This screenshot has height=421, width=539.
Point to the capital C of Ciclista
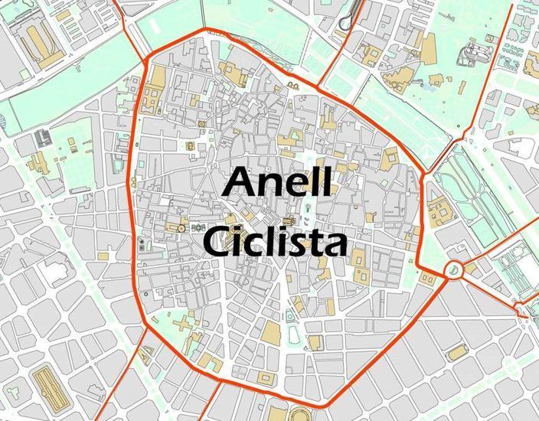(x=216, y=243)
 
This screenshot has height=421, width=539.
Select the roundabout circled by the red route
(x=453, y=269)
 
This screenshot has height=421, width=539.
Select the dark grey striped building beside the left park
(x=41, y=139)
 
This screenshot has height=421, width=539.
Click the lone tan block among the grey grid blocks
(x=457, y=352)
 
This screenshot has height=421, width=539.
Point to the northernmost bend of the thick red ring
(x=205, y=30)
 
